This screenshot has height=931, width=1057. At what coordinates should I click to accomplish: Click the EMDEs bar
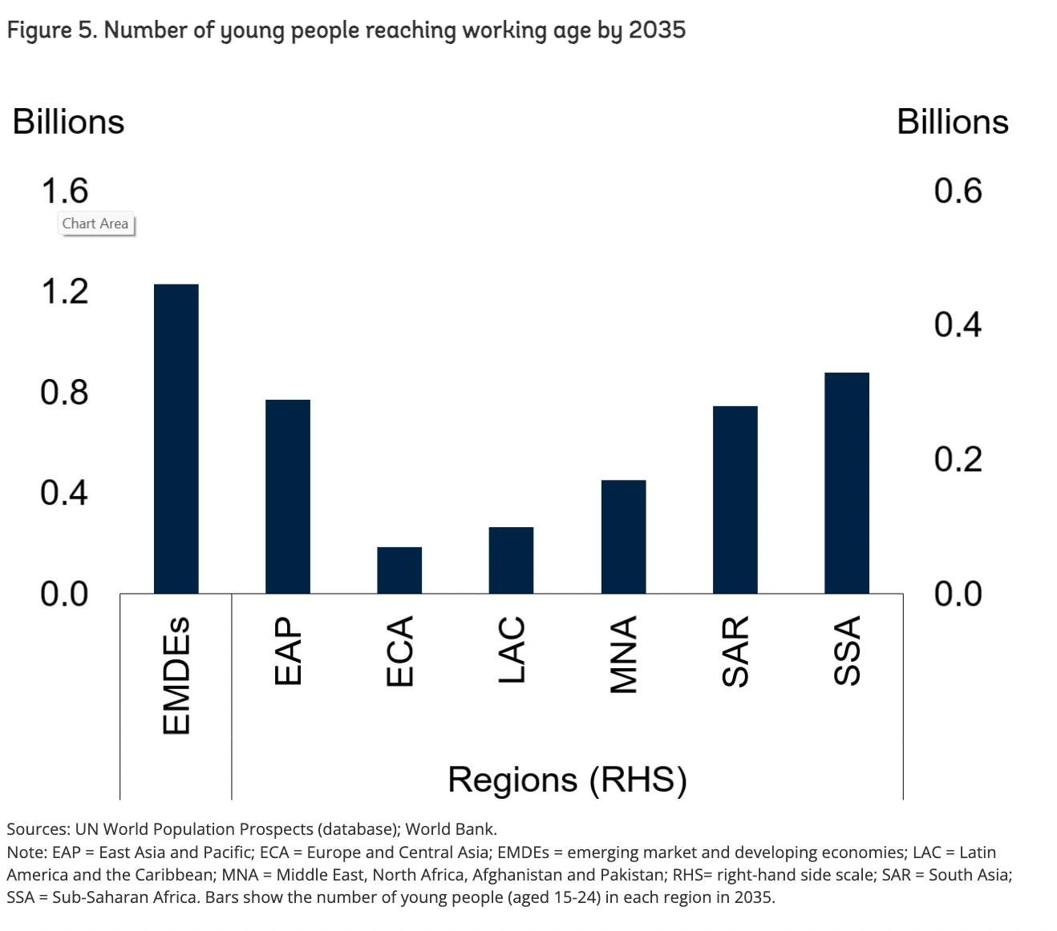(x=176, y=438)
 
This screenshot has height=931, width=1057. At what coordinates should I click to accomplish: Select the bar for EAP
(x=287, y=496)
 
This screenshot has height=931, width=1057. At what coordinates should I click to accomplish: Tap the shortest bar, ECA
(x=399, y=570)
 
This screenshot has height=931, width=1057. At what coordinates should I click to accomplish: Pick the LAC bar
(x=511, y=560)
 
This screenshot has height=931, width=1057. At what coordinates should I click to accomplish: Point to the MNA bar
(x=623, y=536)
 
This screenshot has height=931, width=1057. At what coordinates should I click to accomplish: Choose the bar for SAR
(x=735, y=499)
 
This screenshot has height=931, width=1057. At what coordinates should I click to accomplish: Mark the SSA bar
(x=846, y=482)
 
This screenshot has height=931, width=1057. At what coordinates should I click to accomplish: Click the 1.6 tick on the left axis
(x=64, y=191)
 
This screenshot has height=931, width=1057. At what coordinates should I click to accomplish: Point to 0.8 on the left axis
(x=64, y=392)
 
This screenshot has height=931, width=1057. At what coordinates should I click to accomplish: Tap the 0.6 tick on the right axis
(x=958, y=191)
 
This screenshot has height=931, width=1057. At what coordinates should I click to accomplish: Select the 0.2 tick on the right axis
(x=958, y=459)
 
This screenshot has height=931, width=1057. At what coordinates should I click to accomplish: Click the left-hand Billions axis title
(x=69, y=122)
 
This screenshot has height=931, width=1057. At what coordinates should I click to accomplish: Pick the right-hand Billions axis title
(x=952, y=122)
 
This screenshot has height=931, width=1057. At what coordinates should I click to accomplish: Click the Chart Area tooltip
(x=95, y=224)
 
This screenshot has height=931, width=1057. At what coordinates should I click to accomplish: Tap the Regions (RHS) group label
(x=567, y=779)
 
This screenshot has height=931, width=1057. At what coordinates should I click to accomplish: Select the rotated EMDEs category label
(x=176, y=675)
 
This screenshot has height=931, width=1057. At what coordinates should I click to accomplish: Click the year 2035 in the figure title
(x=657, y=30)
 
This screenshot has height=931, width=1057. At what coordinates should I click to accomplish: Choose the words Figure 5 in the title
(x=51, y=30)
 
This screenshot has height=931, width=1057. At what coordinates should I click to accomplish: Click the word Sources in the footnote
(x=36, y=829)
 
